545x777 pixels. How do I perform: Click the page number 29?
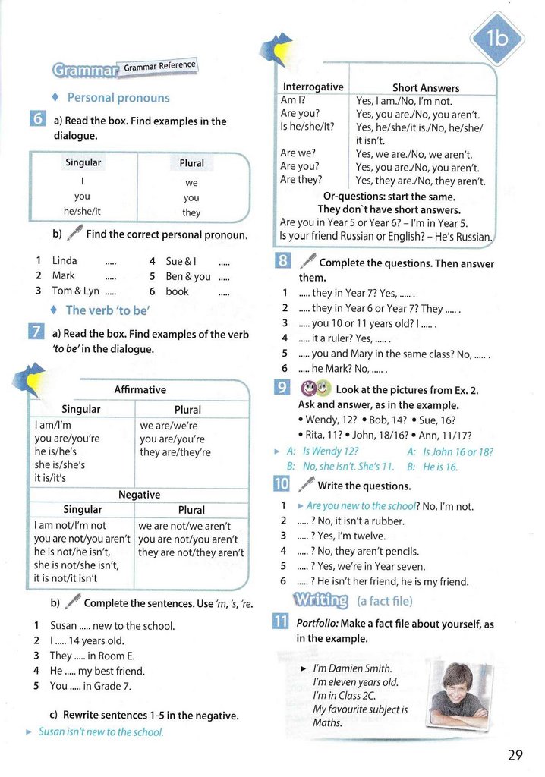[515, 754]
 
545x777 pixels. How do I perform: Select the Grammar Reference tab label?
[159, 66]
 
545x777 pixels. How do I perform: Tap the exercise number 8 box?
[280, 263]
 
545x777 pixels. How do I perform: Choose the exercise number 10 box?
[280, 486]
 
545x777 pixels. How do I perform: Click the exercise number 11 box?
[280, 624]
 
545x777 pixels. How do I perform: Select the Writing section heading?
[320, 601]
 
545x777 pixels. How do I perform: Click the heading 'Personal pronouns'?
[118, 98]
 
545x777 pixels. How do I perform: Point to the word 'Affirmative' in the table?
[140, 389]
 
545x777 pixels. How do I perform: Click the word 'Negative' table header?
[139, 494]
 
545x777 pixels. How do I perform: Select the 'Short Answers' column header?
[425, 88]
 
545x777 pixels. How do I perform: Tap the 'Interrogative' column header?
[313, 87]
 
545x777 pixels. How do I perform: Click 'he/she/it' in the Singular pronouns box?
[82, 212]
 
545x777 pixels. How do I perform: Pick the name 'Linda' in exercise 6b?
[65, 260]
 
